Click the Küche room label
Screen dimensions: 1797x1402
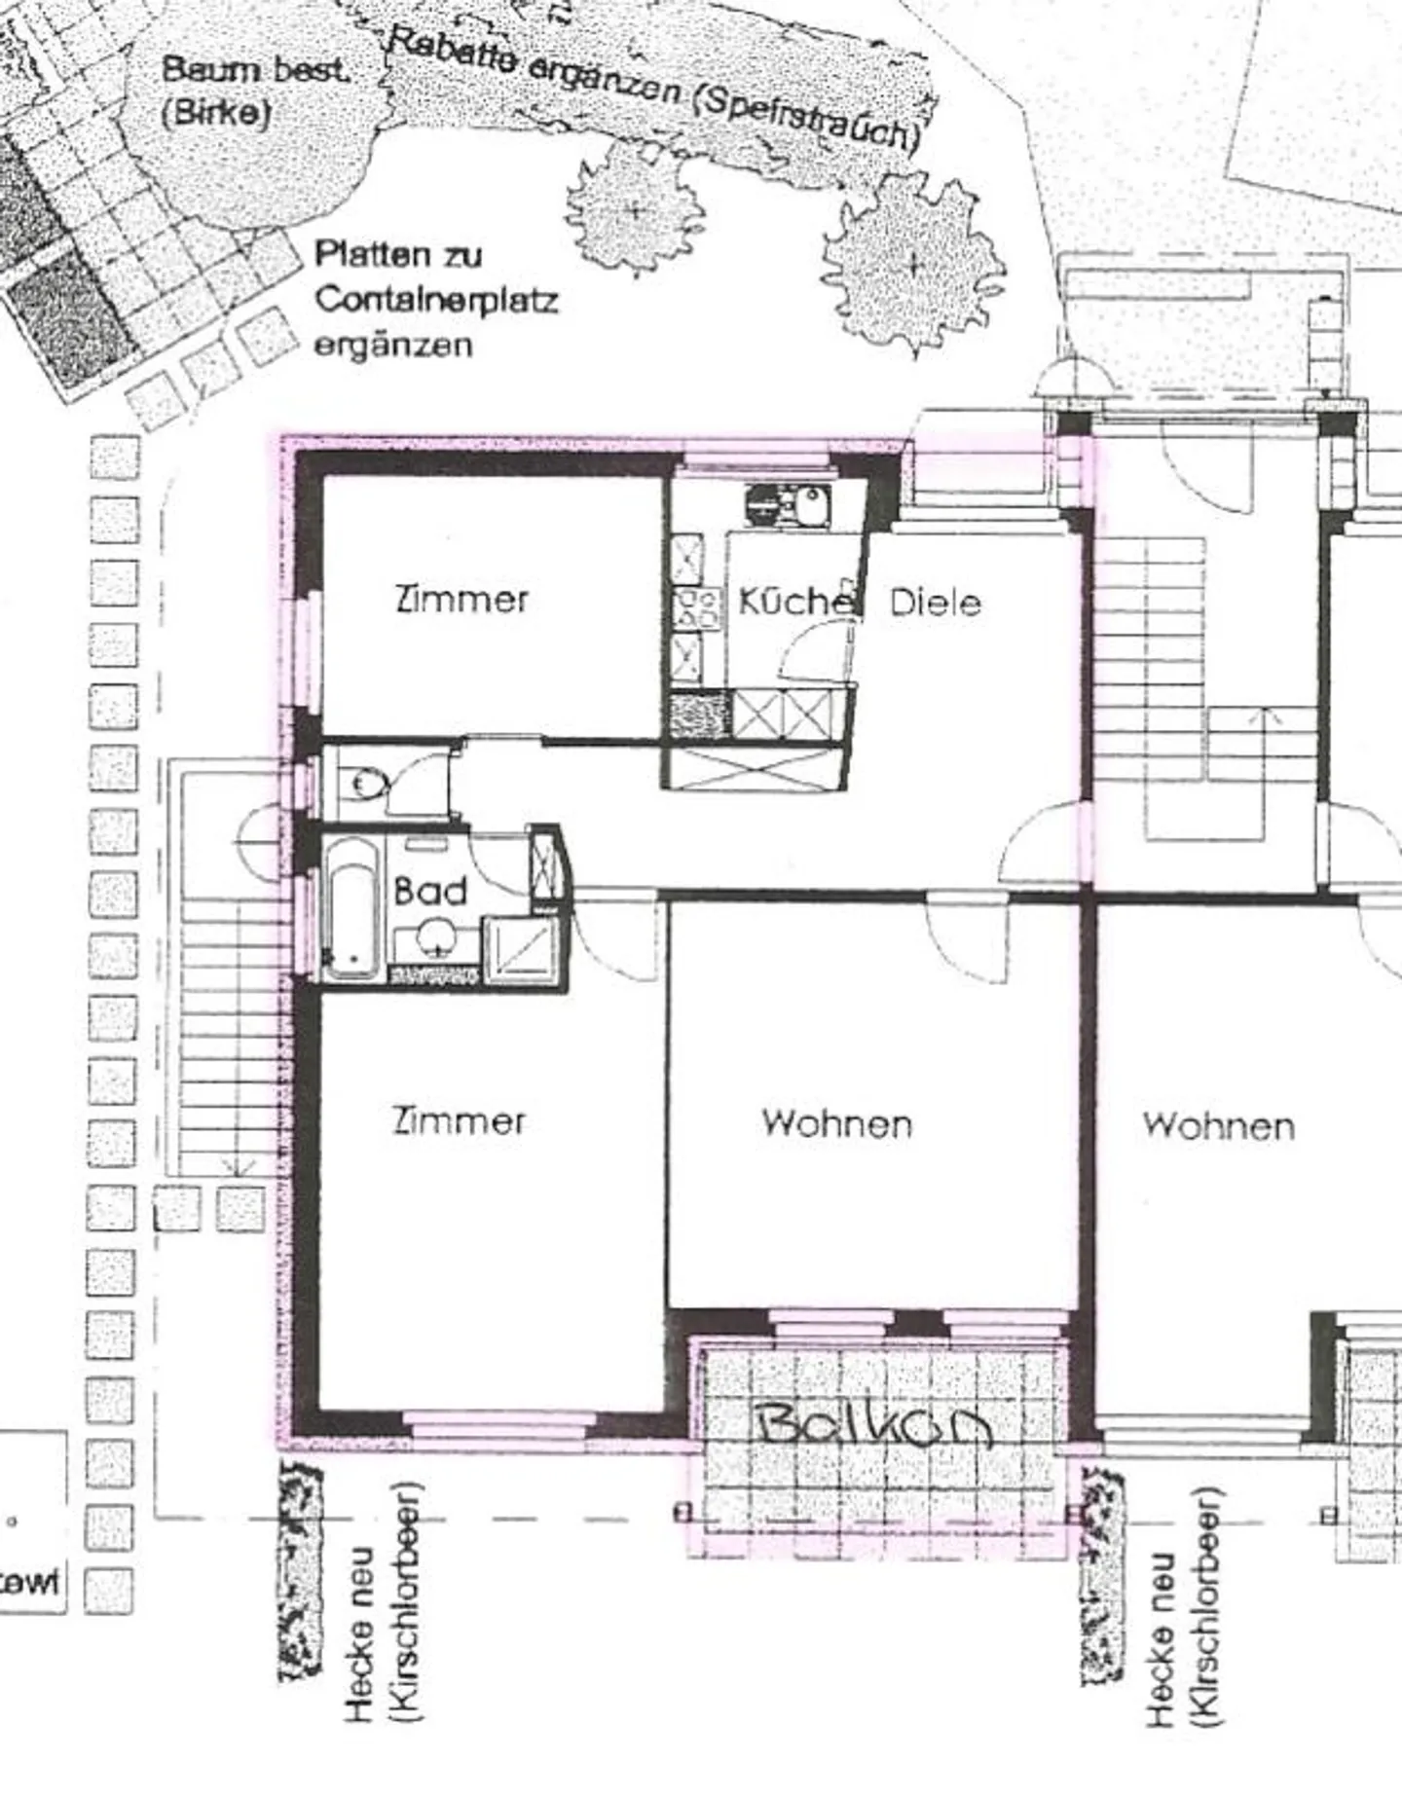coord(793,602)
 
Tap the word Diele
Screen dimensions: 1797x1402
coord(935,603)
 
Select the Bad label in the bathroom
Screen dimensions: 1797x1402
coord(429,892)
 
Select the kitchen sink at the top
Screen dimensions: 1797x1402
coord(805,503)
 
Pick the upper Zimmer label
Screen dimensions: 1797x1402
coord(461,598)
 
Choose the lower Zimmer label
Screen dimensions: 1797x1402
coord(459,1121)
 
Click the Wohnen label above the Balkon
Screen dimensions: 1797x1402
coord(837,1124)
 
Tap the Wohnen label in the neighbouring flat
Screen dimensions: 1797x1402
coord(1218,1126)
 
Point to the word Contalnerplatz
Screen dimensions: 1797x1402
coord(435,300)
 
